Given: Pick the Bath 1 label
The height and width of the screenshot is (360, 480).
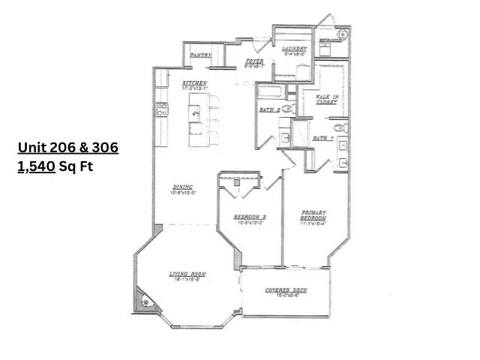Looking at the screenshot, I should (322, 138).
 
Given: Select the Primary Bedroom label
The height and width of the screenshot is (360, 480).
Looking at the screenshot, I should (313, 215).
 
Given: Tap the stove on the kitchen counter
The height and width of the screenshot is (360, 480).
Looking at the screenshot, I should (161, 109).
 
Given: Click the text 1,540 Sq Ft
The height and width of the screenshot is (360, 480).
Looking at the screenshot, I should (67, 167).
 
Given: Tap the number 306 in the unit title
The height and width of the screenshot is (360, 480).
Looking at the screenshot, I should (105, 148).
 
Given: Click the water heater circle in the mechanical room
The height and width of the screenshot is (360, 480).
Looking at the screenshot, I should (343, 34).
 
